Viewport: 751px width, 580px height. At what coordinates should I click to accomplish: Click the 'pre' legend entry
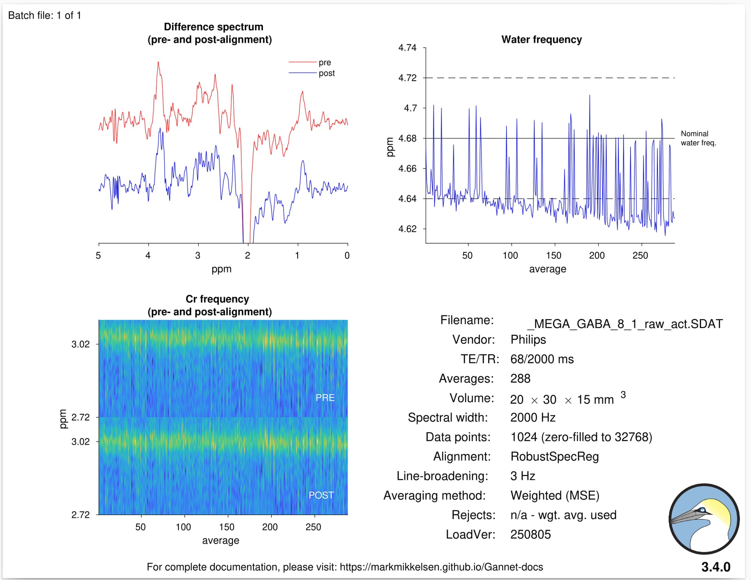(x=324, y=63)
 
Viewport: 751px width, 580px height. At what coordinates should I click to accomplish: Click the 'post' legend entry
(x=326, y=74)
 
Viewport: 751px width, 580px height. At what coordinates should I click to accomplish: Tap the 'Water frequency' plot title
(x=541, y=40)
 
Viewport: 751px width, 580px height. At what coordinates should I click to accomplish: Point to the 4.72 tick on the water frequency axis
(x=408, y=78)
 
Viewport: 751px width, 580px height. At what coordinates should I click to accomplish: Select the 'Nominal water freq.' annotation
(x=698, y=138)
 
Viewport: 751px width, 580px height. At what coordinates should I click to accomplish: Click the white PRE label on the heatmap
(x=325, y=398)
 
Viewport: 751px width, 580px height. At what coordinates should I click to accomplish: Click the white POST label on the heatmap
(x=321, y=495)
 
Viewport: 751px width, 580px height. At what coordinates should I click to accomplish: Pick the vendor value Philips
(x=528, y=339)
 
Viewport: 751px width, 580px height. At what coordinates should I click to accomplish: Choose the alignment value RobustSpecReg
(x=554, y=456)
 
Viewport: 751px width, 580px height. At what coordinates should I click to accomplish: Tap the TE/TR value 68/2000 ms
(x=542, y=359)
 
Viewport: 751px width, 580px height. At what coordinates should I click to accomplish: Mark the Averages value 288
(x=520, y=379)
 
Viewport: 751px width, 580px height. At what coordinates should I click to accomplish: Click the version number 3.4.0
(x=715, y=567)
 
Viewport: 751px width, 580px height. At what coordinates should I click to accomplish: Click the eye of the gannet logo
(x=702, y=510)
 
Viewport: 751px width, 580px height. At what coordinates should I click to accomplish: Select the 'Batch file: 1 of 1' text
(x=45, y=15)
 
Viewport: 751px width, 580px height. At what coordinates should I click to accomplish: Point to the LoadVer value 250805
(x=530, y=534)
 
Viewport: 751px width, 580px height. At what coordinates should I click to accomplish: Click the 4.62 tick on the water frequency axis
(x=408, y=229)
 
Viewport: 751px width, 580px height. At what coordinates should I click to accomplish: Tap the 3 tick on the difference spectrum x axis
(x=198, y=255)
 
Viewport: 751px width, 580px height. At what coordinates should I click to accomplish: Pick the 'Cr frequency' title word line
(x=217, y=299)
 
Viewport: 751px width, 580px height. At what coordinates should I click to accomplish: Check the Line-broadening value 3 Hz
(x=523, y=476)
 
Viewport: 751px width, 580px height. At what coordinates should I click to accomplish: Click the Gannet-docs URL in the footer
(x=441, y=567)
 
